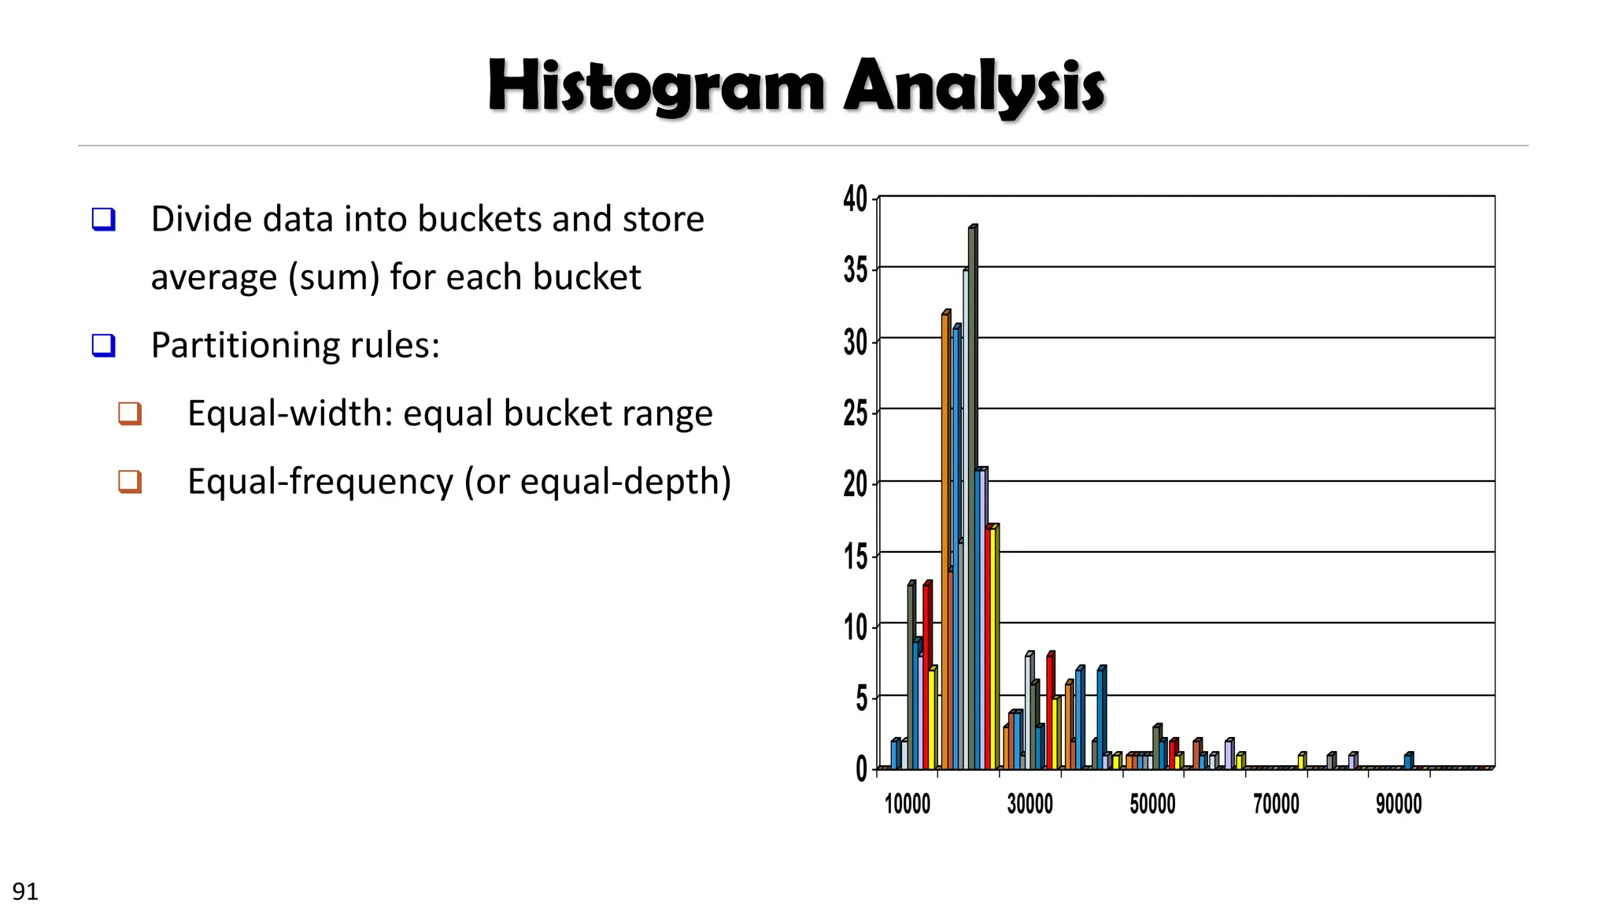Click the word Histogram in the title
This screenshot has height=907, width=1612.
tap(656, 86)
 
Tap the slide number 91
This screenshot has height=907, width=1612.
tap(25, 891)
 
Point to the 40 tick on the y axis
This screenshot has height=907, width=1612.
tap(855, 198)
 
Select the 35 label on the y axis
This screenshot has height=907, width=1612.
tap(855, 270)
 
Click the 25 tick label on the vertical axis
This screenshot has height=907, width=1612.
tap(855, 413)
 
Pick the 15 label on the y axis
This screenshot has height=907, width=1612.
tap(855, 557)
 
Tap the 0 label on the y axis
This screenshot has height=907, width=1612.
tap(861, 769)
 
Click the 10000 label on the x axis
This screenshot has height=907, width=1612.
tap(908, 804)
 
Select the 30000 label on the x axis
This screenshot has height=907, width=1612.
tap(1030, 804)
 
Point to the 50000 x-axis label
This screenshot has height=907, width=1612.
tap(1153, 804)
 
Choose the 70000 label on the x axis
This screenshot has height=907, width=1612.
tap(1276, 804)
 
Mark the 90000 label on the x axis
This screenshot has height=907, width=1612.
tap(1399, 804)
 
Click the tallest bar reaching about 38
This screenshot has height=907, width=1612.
tap(972, 496)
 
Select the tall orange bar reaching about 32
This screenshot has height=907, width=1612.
tap(945, 543)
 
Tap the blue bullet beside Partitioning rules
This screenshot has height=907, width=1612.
tap(104, 346)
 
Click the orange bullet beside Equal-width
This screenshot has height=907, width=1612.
tap(130, 413)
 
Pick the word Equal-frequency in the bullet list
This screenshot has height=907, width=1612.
tap(320, 481)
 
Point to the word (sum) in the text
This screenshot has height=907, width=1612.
tap(335, 277)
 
